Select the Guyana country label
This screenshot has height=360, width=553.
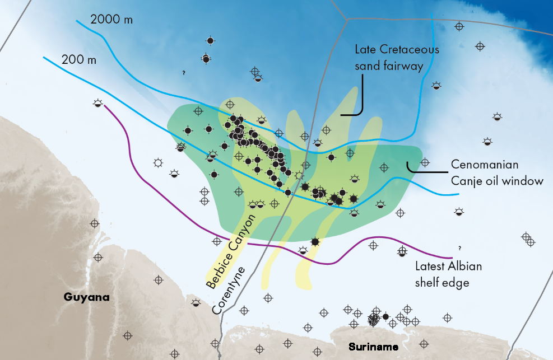[86, 297]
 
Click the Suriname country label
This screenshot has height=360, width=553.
[373, 347]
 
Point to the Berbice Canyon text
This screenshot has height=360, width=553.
[231, 251]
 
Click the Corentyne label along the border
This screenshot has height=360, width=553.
[229, 291]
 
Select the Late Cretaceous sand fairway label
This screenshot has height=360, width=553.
[397, 58]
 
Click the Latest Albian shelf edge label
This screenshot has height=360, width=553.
[448, 274]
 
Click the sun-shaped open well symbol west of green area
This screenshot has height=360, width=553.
[159, 163]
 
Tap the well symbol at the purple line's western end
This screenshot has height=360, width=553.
[98, 103]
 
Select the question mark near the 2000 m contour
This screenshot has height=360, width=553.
[184, 73]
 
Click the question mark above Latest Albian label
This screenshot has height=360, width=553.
[459, 247]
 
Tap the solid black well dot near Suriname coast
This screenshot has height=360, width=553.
[385, 316]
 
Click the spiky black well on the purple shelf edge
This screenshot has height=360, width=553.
[315, 241]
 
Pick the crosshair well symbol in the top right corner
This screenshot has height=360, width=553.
[459, 26]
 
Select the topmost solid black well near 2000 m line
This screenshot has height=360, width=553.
[210, 41]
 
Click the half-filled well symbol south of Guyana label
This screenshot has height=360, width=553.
[196, 303]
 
